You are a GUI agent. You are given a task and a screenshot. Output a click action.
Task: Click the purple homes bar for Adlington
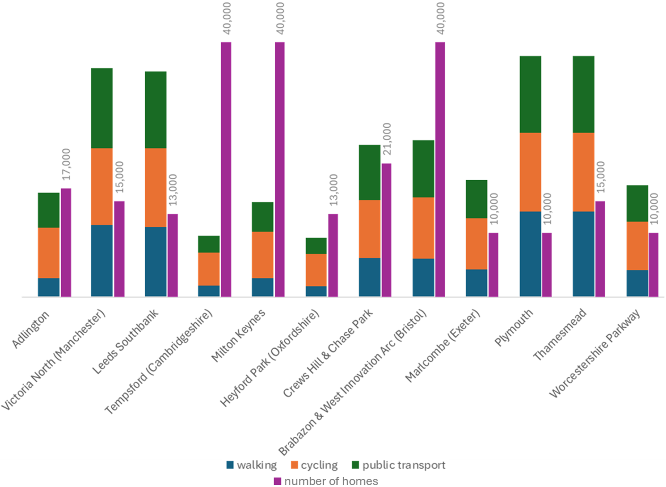pos(66,242)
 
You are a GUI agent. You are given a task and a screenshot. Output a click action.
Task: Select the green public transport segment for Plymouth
pos(530,94)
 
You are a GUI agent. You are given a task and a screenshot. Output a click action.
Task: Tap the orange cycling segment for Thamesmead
pos(583,172)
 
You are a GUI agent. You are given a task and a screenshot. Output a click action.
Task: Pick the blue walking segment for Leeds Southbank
pos(155,262)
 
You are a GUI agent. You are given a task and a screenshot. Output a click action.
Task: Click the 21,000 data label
pos(387,139)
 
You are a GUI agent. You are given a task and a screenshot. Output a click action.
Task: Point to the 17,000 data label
pos(66,164)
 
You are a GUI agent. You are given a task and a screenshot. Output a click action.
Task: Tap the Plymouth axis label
pos(513,327)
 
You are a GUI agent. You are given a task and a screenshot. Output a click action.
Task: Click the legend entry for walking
pos(251,465)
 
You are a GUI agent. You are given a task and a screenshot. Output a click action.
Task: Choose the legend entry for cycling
pos(314,465)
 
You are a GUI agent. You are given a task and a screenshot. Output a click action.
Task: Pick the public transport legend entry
pos(399,465)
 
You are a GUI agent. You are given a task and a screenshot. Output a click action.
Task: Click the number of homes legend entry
pos(326,481)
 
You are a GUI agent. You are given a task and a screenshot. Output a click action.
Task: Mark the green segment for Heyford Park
pos(316,246)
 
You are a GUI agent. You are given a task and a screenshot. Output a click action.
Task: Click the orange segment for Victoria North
pos(102,187)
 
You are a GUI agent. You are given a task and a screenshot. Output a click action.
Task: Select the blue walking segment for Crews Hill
pos(369,277)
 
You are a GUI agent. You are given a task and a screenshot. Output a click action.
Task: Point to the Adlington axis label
pos(31,330)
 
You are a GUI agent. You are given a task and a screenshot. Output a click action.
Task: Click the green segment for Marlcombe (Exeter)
pos(476,199)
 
